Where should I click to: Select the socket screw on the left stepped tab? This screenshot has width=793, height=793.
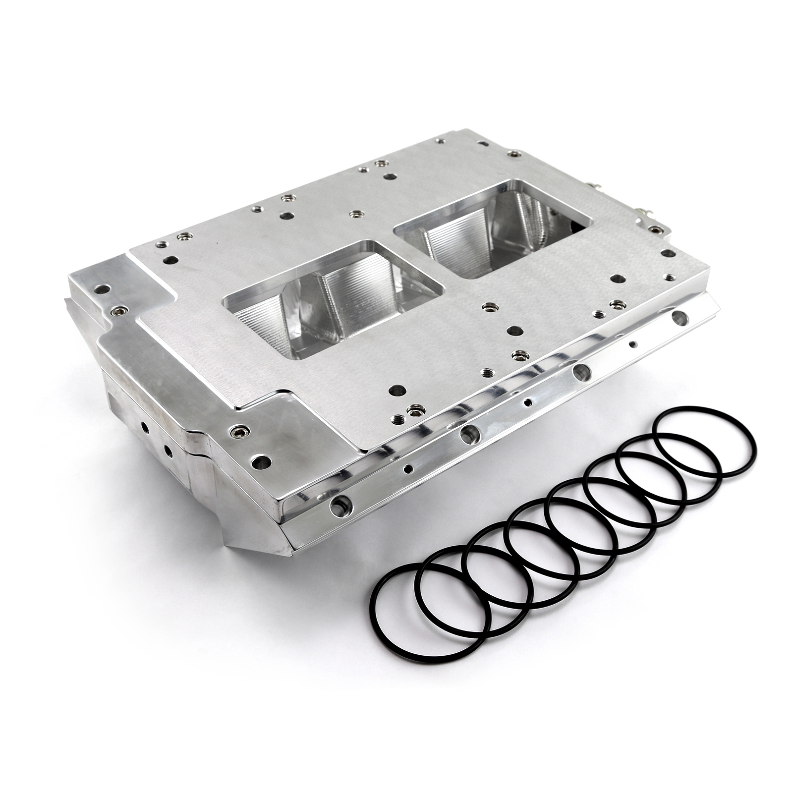(x=117, y=311)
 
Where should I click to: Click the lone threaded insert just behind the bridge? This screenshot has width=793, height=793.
(x=354, y=214)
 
